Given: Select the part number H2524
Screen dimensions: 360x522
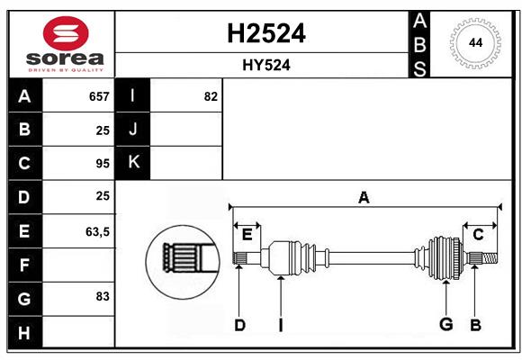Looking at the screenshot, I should [265, 33].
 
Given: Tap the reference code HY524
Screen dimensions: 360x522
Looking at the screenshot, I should [265, 66].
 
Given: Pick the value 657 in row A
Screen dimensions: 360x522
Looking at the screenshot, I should [98, 96].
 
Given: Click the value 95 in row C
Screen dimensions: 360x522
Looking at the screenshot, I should [102, 164].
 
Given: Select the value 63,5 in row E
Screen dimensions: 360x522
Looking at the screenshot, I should [97, 231].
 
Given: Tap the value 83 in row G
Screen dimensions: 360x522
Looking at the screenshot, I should [102, 296].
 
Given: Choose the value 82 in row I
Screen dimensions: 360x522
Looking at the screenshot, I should [211, 96].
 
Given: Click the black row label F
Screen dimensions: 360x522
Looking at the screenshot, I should [24, 265].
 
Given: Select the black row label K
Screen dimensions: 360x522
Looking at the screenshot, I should [133, 162].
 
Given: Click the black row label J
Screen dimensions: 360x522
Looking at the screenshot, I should [133, 130].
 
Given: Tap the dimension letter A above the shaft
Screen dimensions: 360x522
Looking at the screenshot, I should [364, 197].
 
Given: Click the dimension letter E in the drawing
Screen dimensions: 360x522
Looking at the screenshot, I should [247, 234].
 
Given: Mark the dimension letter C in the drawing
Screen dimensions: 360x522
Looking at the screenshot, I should [478, 234].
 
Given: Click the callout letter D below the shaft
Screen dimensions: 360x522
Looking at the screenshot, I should [239, 325].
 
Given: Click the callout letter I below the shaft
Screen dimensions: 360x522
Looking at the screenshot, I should [281, 325].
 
